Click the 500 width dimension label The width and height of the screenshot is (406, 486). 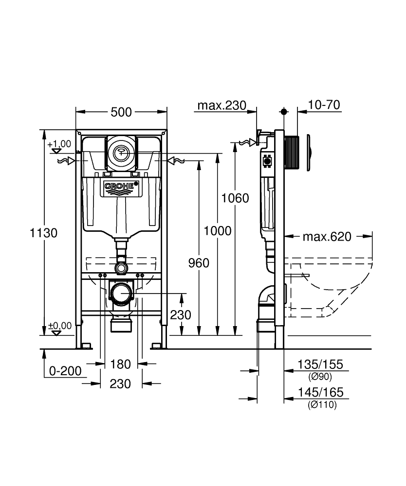click(121, 112)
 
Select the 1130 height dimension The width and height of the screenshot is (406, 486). click(43, 233)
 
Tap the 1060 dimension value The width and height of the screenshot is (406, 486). click(235, 198)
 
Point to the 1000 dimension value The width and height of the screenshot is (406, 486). click(217, 231)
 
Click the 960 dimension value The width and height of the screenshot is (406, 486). click(199, 263)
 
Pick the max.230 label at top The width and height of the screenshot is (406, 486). click(221, 105)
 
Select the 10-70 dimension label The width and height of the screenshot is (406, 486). click(324, 105)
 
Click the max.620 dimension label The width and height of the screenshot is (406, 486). click(327, 237)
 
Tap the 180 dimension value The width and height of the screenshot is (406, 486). click(120, 364)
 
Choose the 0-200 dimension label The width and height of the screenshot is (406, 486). click(65, 371)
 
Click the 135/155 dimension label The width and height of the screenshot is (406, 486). click(320, 364)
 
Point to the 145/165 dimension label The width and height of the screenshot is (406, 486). click(321, 392)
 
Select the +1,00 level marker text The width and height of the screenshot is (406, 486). click(59, 144)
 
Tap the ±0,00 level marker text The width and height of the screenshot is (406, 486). click(59, 326)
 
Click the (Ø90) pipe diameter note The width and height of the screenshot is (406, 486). click(320, 377)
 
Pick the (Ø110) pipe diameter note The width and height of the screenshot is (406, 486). click(322, 404)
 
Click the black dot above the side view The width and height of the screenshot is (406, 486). click(284, 112)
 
